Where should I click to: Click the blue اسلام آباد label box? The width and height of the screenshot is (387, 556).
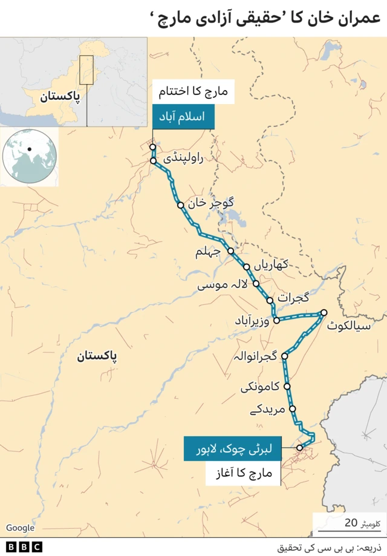[183, 117]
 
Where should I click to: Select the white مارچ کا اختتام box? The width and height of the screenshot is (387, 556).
[192, 93]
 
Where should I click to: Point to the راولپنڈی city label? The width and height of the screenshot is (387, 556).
[184, 159]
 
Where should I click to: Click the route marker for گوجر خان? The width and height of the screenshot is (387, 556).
[180, 205]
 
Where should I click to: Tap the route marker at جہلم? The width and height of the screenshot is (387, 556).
[230, 250]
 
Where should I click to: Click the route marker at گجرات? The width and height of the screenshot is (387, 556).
[270, 300]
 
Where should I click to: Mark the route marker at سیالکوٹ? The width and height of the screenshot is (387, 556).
[324, 313]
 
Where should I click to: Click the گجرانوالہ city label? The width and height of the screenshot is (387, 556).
[255, 358]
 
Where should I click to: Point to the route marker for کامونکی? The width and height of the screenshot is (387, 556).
[287, 386]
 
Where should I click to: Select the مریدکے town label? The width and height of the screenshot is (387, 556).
[267, 410]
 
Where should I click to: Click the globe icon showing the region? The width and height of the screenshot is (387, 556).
[30, 156]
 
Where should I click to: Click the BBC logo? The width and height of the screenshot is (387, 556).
[25, 546]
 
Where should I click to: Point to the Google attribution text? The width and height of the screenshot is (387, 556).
[21, 528]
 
